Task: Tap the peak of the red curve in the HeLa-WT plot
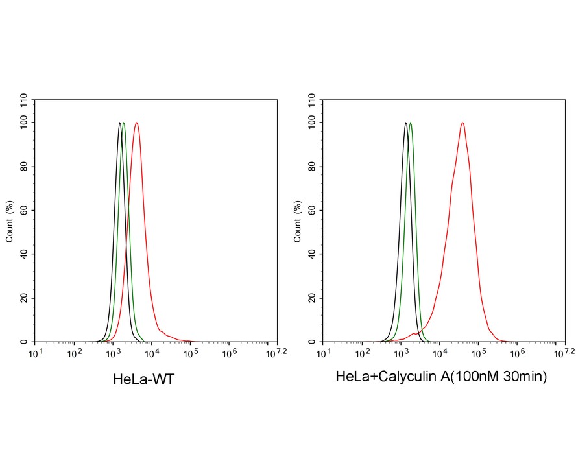136,123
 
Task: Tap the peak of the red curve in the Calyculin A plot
462,123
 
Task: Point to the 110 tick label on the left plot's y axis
24,100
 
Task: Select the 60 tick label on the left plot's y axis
24,210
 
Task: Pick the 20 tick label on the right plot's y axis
312,298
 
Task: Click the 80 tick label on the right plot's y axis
312,166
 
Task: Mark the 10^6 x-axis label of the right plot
517,352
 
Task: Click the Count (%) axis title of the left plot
9,220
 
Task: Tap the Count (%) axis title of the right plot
298,220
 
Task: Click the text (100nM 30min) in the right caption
500,376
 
